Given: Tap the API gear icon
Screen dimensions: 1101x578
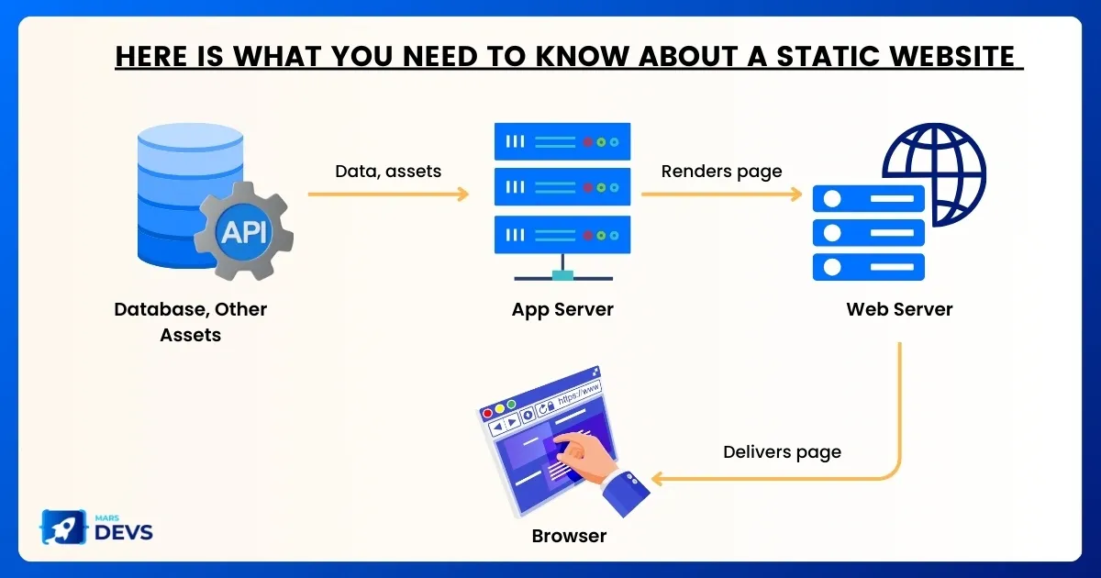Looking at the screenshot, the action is [244, 231].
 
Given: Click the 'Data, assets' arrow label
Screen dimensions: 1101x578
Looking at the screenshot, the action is [388, 171].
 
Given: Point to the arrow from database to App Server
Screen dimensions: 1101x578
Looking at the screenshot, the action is [388, 195].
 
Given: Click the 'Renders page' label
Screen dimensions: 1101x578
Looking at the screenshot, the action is [721, 172].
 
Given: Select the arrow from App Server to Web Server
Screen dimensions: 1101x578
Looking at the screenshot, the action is [721, 195].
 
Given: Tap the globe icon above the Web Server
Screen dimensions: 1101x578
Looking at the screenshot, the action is [934, 174].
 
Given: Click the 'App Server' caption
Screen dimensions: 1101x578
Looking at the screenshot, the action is [562, 310].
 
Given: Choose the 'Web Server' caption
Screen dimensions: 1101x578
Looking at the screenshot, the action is [899, 309].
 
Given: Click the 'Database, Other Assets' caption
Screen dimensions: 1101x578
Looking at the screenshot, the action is [191, 322].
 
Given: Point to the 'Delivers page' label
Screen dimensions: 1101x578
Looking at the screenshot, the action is [782, 452].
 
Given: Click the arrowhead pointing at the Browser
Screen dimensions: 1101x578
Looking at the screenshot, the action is [657, 478].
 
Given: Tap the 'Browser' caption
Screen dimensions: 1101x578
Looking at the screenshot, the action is [569, 536].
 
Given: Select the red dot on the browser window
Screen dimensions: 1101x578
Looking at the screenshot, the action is [487, 414].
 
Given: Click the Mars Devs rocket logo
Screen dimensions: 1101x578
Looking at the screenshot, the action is [64, 527].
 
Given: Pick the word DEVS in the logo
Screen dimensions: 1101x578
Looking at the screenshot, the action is [123, 532].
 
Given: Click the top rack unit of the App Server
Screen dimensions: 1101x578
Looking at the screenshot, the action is [562, 141].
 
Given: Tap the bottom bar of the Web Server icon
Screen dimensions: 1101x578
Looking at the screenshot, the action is [869, 267].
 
